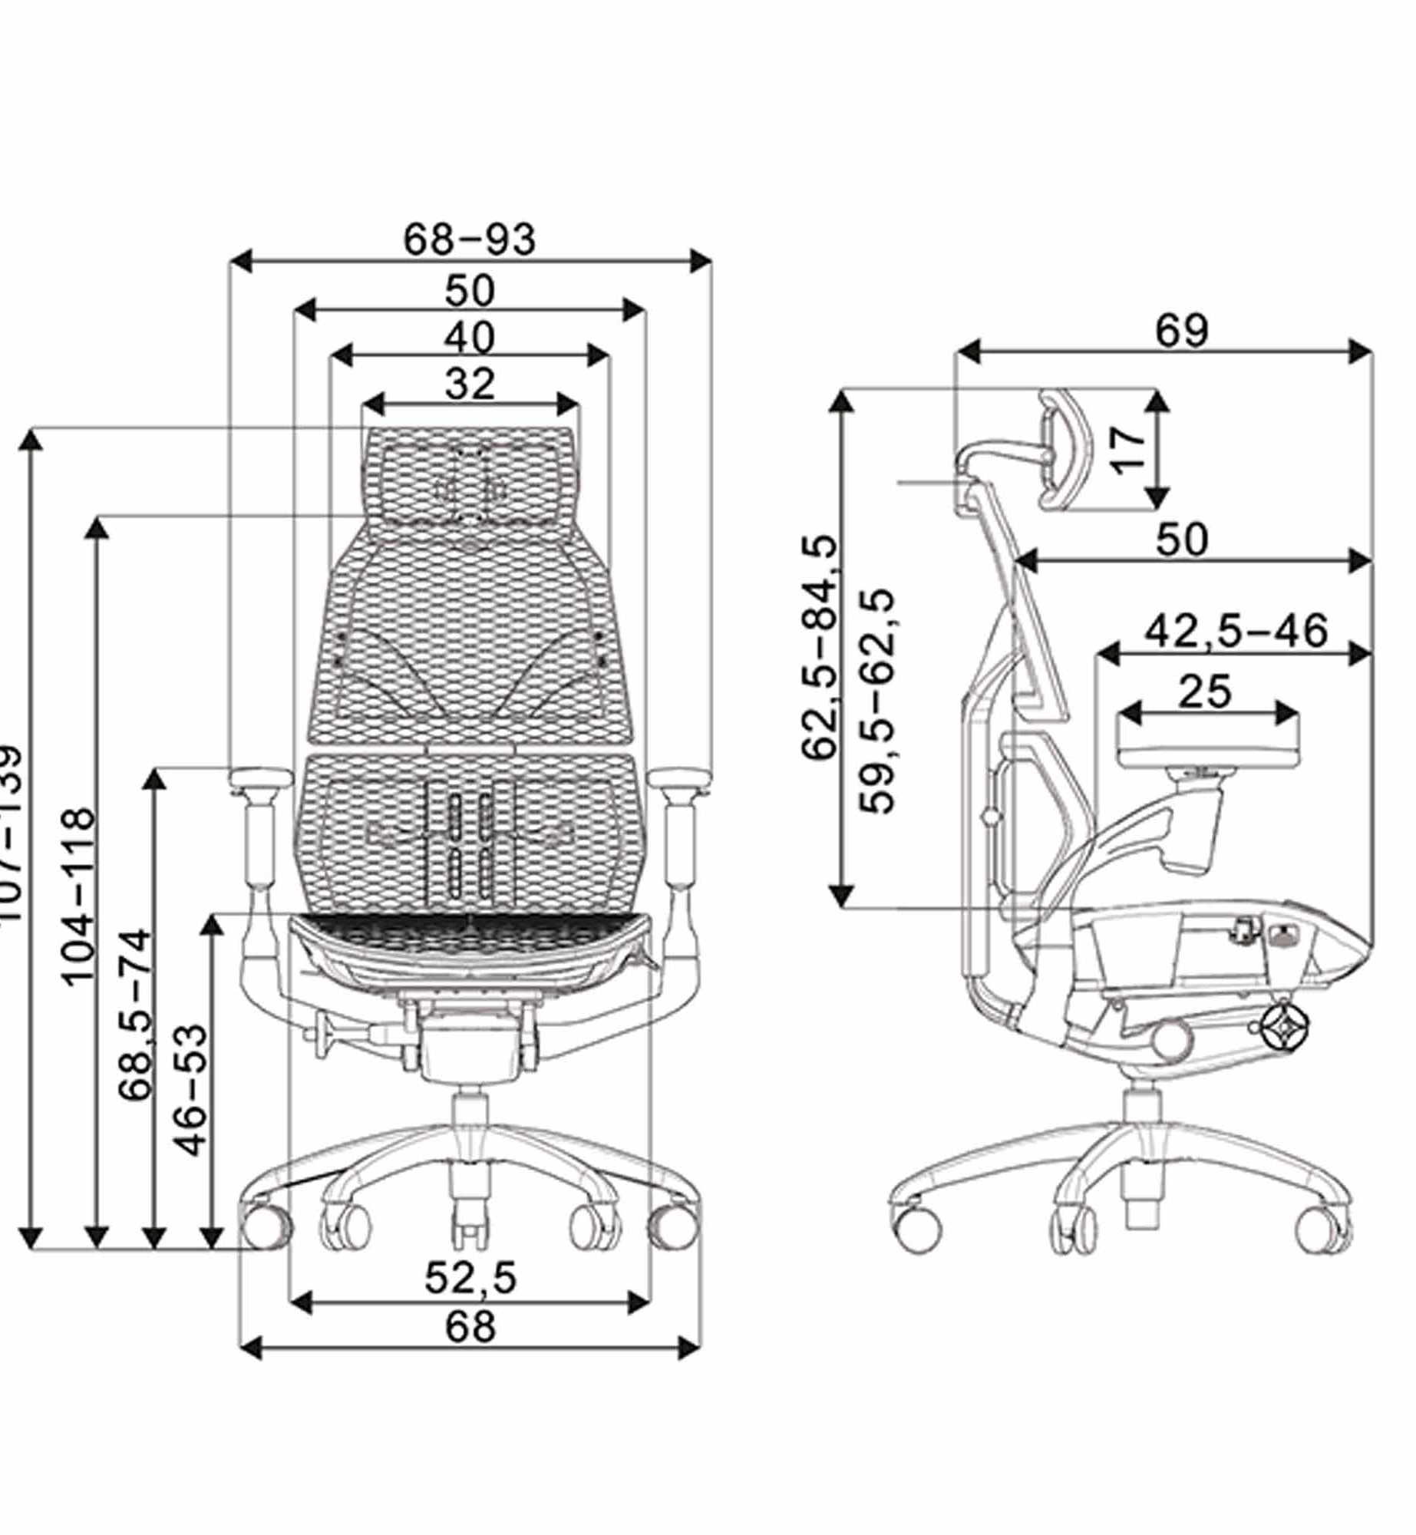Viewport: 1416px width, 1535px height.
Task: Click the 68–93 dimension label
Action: [x=470, y=239]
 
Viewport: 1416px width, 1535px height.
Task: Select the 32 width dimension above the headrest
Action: [x=470, y=384]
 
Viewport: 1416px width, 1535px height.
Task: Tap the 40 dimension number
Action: [x=470, y=338]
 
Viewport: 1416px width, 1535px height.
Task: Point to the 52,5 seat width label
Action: [x=470, y=1278]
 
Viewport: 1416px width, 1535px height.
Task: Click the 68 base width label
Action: [x=470, y=1326]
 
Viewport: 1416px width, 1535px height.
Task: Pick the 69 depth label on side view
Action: [x=1182, y=331]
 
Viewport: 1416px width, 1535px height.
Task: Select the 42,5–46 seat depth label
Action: [x=1236, y=631]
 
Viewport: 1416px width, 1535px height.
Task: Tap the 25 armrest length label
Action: [x=1205, y=692]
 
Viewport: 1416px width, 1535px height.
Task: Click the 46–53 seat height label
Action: [x=192, y=1089]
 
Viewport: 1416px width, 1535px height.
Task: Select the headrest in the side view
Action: [x=1063, y=449]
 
